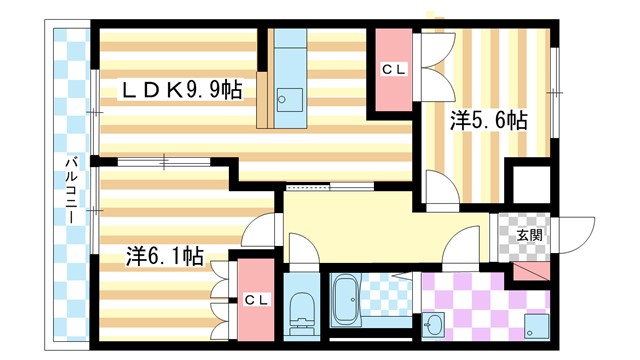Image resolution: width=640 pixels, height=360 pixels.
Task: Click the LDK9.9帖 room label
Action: (x=181, y=91)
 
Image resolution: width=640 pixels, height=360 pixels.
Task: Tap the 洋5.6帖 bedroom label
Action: (x=488, y=121)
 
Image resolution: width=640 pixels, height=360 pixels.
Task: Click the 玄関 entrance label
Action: (x=530, y=236)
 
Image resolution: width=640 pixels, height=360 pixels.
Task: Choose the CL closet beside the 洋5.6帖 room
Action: (x=393, y=70)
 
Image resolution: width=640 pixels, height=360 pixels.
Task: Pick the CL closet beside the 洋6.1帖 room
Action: (x=254, y=298)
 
